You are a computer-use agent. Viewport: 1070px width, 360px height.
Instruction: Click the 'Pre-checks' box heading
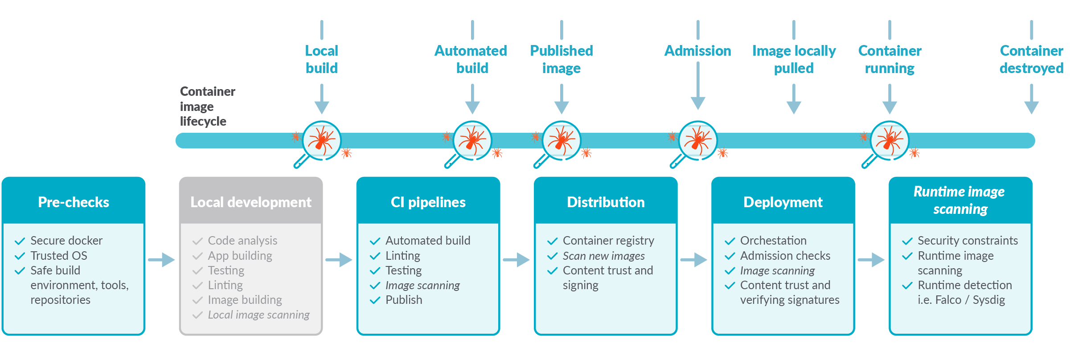tap(74, 202)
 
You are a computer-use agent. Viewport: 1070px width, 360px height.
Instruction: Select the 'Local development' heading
tap(251, 202)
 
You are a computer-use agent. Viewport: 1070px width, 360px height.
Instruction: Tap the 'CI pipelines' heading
tap(428, 202)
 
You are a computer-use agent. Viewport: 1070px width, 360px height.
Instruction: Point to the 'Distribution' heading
tap(606, 202)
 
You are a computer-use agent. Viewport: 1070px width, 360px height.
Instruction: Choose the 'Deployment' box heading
tap(783, 202)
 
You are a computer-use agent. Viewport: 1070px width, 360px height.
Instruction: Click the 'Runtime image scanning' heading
tap(959, 200)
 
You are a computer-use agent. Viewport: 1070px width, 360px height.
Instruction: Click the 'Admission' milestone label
tap(698, 51)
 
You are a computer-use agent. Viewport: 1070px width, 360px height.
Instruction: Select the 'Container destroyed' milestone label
tap(1032, 59)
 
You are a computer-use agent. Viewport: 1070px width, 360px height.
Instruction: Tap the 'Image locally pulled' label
tap(794, 59)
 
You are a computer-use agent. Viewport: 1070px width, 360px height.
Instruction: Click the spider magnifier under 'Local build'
tap(319, 143)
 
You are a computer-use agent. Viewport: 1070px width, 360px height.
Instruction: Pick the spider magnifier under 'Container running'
tap(886, 143)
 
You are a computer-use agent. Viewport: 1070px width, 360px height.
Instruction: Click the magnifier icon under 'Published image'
tap(558, 143)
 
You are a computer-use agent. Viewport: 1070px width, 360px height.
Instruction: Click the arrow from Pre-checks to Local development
tap(161, 260)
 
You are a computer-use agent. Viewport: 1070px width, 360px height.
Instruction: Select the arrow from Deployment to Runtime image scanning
tap(871, 260)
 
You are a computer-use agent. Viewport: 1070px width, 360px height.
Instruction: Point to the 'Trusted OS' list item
tap(59, 256)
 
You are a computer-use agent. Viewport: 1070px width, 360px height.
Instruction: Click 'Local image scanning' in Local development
tap(259, 315)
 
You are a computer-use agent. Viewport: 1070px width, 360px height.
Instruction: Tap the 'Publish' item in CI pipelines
tap(404, 300)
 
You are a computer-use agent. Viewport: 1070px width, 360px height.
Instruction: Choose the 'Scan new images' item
tap(604, 256)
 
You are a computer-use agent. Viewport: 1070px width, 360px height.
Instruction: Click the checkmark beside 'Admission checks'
tap(730, 256)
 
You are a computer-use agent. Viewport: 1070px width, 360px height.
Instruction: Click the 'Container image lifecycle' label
tap(208, 106)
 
